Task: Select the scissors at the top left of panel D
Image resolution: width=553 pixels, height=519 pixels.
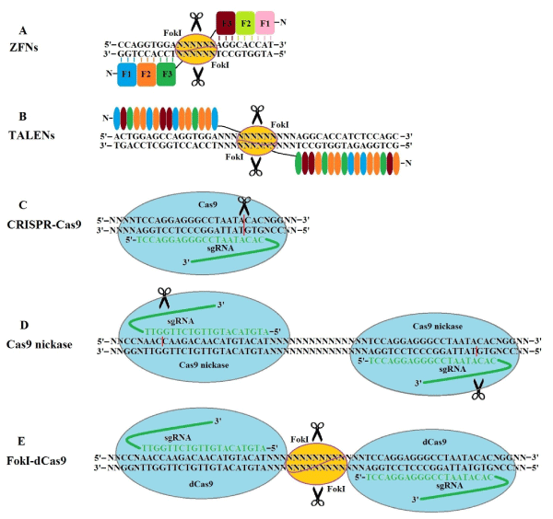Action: point(164,296)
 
